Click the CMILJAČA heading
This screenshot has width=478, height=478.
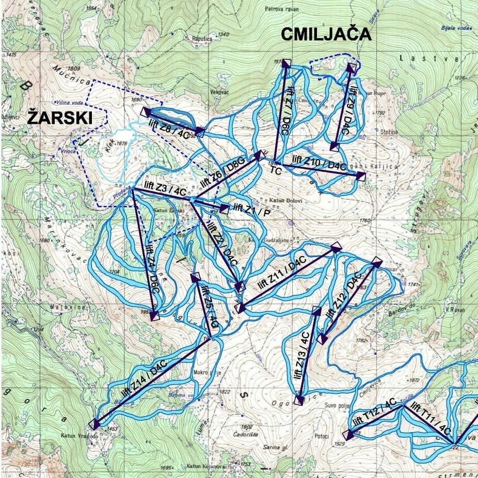click(326, 35)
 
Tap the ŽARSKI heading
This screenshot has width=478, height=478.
click(60, 118)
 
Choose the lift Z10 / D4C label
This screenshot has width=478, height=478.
click(318, 163)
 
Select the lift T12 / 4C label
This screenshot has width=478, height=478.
click(374, 414)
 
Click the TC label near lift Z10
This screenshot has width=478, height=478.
click(276, 171)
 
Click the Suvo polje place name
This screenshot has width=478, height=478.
click(336, 407)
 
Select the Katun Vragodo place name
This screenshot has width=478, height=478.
click(78, 436)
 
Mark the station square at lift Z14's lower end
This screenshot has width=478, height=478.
click(93, 425)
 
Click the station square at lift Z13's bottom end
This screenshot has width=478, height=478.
click(298, 401)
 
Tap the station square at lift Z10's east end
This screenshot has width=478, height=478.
click(361, 177)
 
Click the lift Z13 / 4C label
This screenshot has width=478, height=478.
click(304, 356)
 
